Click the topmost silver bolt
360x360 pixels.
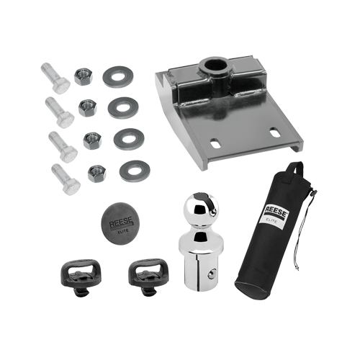point(55,78)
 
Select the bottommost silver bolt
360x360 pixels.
point(66,179)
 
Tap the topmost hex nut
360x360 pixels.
point(84,76)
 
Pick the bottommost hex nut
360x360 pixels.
point(97,174)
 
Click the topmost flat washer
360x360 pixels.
point(118,77)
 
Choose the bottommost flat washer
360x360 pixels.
point(135,171)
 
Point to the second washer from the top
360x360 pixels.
point(123,108)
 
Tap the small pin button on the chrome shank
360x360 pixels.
point(211,274)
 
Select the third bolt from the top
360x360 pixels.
point(63,147)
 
